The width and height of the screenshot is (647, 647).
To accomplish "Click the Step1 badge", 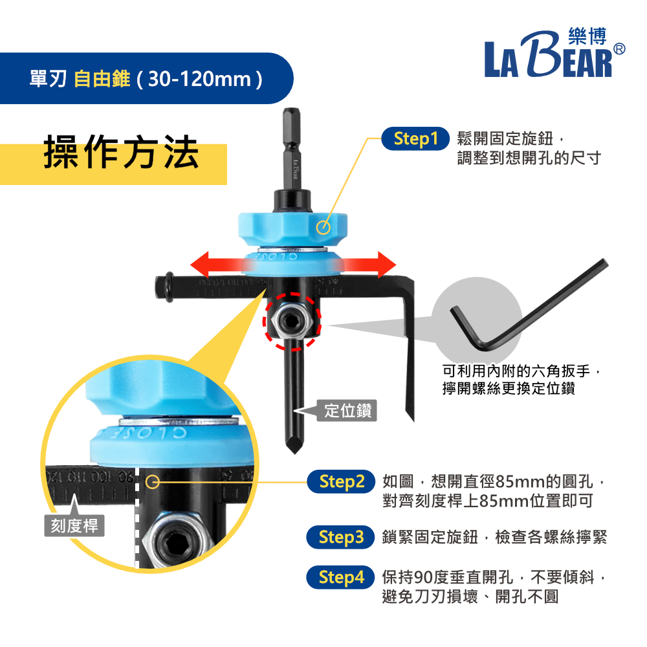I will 415,139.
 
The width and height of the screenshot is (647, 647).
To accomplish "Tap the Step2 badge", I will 342,482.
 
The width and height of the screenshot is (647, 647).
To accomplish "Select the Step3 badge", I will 342,538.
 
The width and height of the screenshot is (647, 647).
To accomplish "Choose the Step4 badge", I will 342,578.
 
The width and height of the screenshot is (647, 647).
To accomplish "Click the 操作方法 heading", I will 122,153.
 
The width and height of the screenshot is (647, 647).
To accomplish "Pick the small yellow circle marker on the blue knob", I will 324,227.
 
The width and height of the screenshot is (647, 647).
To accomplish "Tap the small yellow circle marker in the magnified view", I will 153,482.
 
